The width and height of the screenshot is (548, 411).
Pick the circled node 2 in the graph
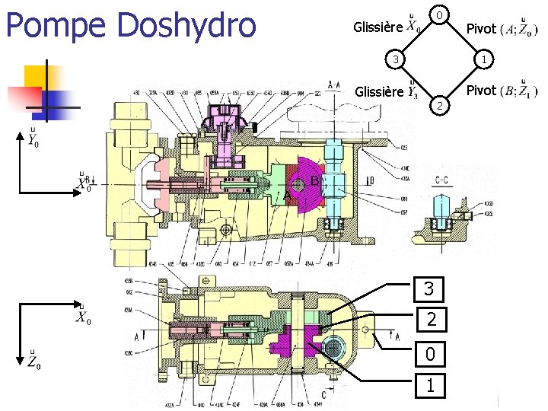437,104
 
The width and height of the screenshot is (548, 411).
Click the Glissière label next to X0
378,28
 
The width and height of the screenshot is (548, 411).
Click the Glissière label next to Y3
378,92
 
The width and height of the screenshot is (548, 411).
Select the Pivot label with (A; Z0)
480,29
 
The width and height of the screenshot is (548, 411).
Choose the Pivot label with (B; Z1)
480,91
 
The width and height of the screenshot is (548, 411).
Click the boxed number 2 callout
431,320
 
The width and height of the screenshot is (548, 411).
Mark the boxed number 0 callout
431,354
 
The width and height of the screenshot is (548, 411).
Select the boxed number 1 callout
431,386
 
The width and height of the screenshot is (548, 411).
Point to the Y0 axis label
32,139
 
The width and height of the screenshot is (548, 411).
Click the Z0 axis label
33,362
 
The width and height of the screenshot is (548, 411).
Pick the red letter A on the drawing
287,196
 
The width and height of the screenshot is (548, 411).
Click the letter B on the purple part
314,181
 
